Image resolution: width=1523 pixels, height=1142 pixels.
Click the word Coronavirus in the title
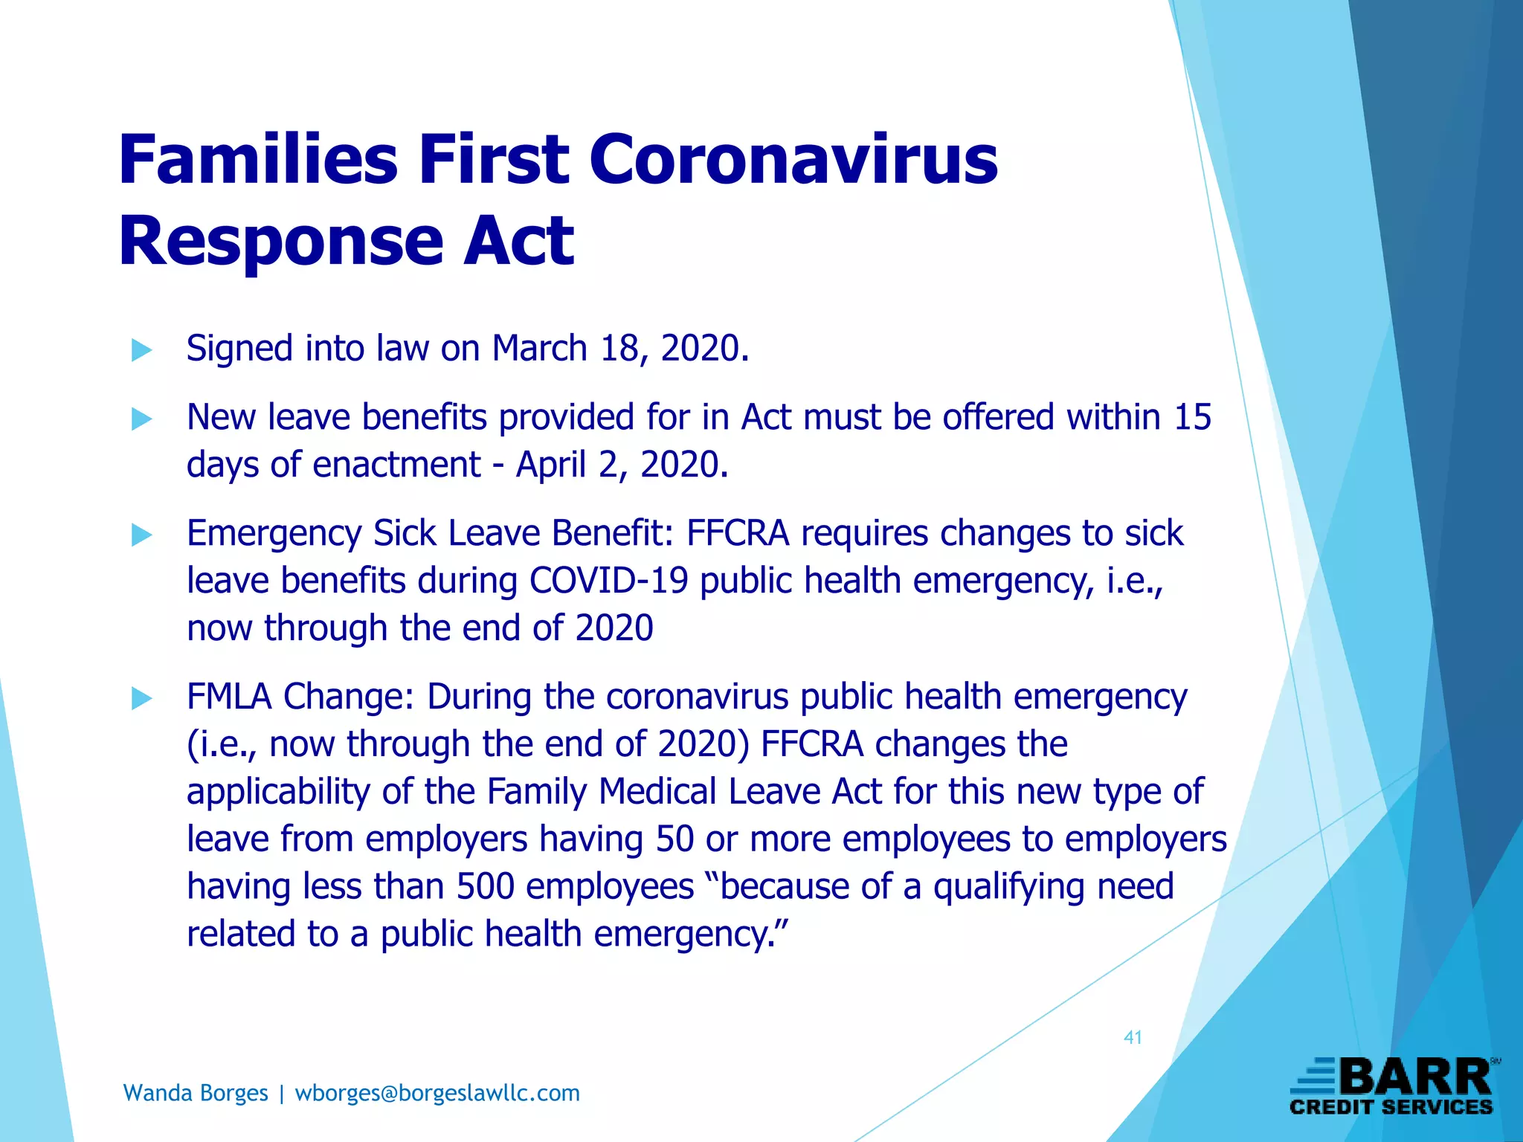click(x=793, y=161)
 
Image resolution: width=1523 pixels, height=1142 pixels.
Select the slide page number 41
click(x=1133, y=1038)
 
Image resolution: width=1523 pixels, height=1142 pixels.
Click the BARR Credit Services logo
click(x=1392, y=1086)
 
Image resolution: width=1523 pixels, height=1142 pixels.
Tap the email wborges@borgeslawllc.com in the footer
click(x=437, y=1093)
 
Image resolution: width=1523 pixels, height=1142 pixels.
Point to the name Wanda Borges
click(x=196, y=1093)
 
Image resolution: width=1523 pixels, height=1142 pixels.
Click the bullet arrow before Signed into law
click(x=141, y=349)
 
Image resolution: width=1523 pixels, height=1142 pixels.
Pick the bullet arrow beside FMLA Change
click(x=141, y=698)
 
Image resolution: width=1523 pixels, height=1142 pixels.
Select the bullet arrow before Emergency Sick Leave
click(x=141, y=535)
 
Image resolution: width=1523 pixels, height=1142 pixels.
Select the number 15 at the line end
click(x=1192, y=417)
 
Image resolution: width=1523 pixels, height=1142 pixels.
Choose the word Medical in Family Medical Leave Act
click(x=657, y=791)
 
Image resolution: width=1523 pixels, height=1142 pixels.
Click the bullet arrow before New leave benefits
click(x=141, y=419)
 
